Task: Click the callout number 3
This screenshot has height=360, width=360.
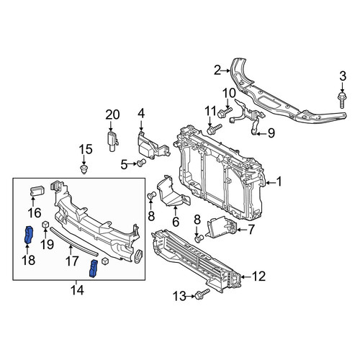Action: pyautogui.click(x=343, y=76)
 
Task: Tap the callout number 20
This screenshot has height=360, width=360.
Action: pyautogui.click(x=112, y=114)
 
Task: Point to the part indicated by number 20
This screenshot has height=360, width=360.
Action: pyautogui.click(x=112, y=141)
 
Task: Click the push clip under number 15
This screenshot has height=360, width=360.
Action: pyautogui.click(x=84, y=169)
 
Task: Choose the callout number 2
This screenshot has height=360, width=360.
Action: pyautogui.click(x=217, y=71)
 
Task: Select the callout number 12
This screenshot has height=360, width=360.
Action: pyautogui.click(x=258, y=276)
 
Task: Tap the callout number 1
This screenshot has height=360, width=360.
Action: pyautogui.click(x=279, y=182)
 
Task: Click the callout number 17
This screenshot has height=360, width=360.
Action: pyautogui.click(x=72, y=261)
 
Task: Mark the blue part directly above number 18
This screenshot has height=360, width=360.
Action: pyautogui.click(x=30, y=235)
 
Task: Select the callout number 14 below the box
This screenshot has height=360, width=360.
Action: pyautogui.click(x=77, y=290)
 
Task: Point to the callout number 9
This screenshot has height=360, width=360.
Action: pyautogui.click(x=271, y=132)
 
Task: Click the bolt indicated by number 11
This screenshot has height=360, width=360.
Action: pyautogui.click(x=215, y=129)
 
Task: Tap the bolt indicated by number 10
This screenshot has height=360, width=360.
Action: pyautogui.click(x=225, y=112)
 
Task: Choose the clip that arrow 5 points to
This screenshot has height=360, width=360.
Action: pyautogui.click(x=141, y=163)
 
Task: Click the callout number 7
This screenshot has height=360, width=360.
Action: pyautogui.click(x=251, y=230)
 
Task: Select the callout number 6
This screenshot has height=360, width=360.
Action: pyautogui.click(x=176, y=222)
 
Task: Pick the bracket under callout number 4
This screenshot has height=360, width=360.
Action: pyautogui.click(x=152, y=145)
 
